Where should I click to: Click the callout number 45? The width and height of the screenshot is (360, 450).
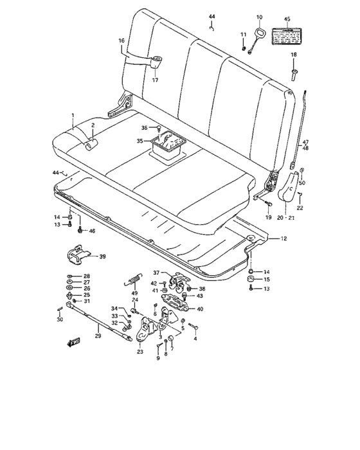[287, 19]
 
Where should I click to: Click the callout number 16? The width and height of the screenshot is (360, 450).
[121, 40]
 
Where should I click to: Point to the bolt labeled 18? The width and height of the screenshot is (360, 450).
[294, 72]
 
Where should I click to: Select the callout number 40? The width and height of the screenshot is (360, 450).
[200, 309]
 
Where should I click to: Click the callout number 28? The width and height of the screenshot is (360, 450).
[87, 276]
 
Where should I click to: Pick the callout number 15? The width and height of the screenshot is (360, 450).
[266, 280]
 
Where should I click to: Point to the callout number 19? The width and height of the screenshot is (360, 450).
[269, 218]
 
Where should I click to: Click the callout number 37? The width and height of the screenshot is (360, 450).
[156, 273]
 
